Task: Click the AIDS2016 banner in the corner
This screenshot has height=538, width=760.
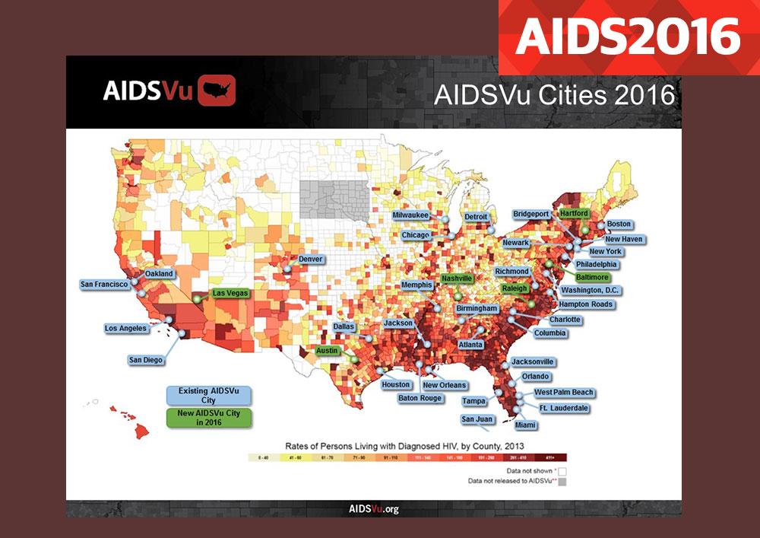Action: pyautogui.click(x=628, y=36)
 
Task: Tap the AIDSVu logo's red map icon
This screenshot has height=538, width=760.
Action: pyautogui.click(x=217, y=91)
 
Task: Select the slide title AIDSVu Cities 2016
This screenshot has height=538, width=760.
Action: pyautogui.click(x=554, y=95)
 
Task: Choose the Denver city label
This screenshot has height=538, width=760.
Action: pyautogui.click(x=311, y=259)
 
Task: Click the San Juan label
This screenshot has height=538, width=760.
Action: pyautogui.click(x=477, y=419)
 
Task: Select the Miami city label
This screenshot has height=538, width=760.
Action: pyautogui.click(x=525, y=425)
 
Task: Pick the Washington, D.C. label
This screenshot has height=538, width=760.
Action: pyautogui.click(x=591, y=290)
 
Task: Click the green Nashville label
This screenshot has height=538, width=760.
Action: pyautogui.click(x=458, y=279)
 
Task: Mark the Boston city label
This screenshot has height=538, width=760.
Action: pyautogui.click(x=619, y=224)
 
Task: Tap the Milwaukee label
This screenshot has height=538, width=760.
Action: pyautogui.click(x=410, y=215)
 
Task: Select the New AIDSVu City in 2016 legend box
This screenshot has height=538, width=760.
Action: pyautogui.click(x=209, y=419)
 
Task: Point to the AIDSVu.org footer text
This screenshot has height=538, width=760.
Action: pyautogui.click(x=373, y=509)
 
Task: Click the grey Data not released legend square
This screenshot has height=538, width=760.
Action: pyautogui.click(x=562, y=482)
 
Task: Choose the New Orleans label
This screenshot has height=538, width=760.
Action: pyautogui.click(x=445, y=385)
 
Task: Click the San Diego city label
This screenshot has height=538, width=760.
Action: pyautogui.click(x=146, y=360)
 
